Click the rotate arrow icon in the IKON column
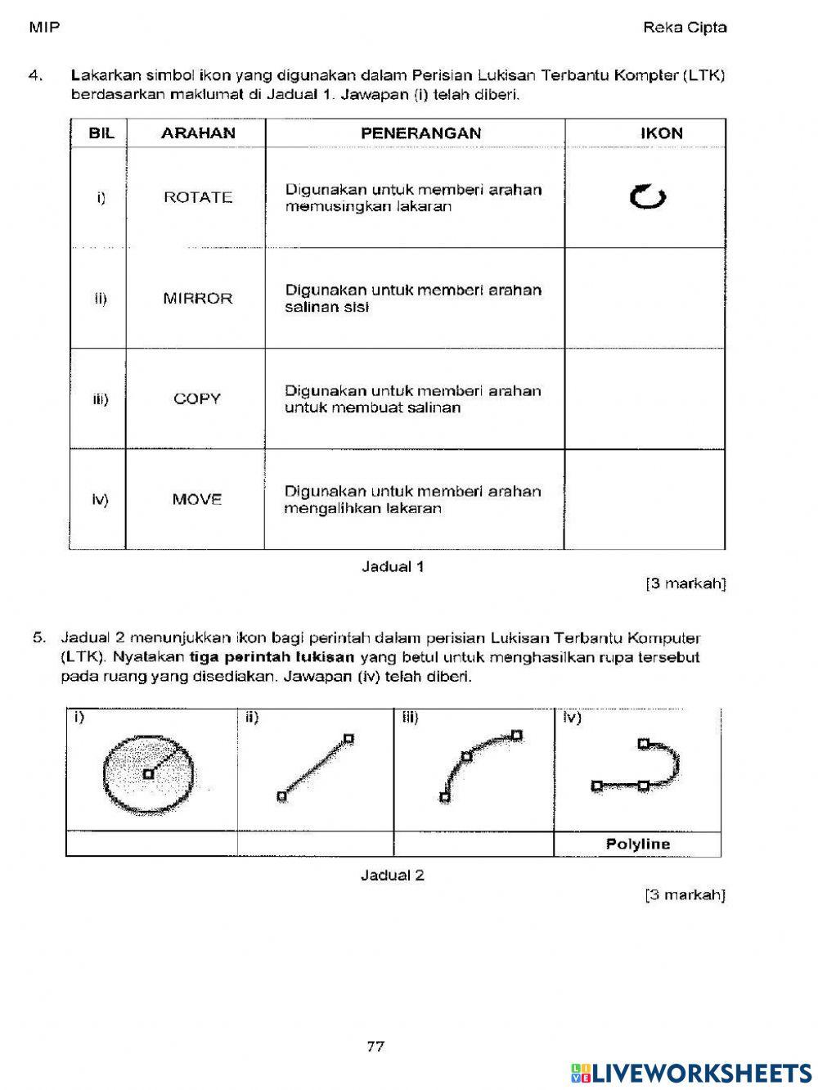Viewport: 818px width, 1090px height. pyautogui.click(x=648, y=196)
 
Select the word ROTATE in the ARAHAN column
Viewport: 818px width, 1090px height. pyautogui.click(x=198, y=197)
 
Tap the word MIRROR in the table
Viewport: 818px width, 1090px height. pyautogui.click(x=198, y=299)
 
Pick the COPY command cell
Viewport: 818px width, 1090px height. pyautogui.click(x=197, y=399)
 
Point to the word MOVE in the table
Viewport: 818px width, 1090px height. pyautogui.click(x=197, y=500)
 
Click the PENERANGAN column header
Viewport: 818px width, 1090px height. pyautogui.click(x=420, y=133)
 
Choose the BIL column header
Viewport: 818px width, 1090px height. pyautogui.click(x=101, y=133)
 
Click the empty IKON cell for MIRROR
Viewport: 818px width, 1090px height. pyautogui.click(x=645, y=299)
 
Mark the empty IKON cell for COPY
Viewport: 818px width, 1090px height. pyautogui.click(x=645, y=399)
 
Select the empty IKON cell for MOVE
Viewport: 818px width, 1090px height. pyautogui.click(x=645, y=500)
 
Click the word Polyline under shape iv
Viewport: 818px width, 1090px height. pyautogui.click(x=638, y=845)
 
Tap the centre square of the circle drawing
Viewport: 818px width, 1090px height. pyautogui.click(x=148, y=773)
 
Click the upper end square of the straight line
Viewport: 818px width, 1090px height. pyautogui.click(x=348, y=738)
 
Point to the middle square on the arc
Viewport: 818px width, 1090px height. pyautogui.click(x=467, y=756)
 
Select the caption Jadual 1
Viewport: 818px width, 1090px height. pyautogui.click(x=393, y=566)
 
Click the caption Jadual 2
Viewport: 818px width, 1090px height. pyautogui.click(x=393, y=876)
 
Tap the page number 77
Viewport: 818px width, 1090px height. pyautogui.click(x=376, y=1046)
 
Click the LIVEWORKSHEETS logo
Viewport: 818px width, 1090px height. pyautogui.click(x=691, y=1073)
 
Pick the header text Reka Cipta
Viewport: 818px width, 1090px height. pyautogui.click(x=685, y=28)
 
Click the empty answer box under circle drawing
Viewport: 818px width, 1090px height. pyautogui.click(x=151, y=845)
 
